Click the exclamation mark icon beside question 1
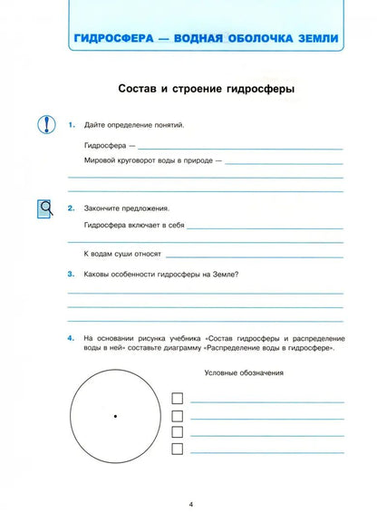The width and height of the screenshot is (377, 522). (46, 124)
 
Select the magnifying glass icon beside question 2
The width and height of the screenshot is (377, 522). (46, 209)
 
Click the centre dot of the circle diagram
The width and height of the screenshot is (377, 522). (115, 416)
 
